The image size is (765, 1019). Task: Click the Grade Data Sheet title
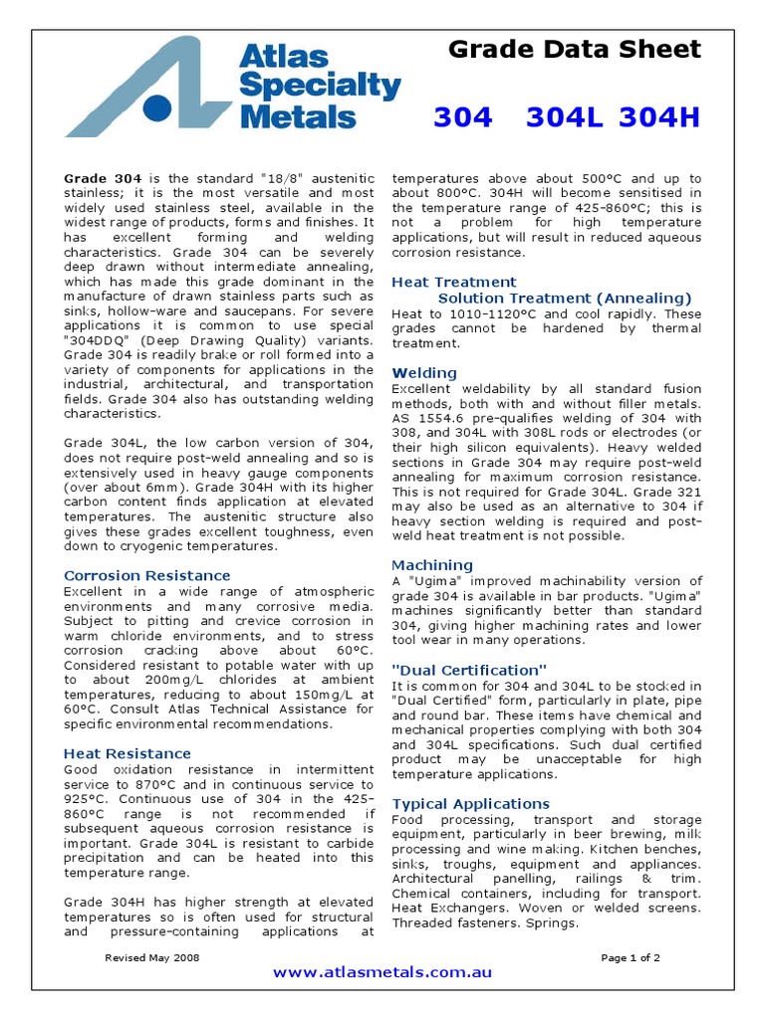coord(575,49)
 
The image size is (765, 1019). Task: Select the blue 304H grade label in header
coord(659,117)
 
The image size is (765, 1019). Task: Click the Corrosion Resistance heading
coord(146,575)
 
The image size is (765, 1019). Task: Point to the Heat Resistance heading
coord(127,753)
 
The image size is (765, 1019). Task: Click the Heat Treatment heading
coord(453,282)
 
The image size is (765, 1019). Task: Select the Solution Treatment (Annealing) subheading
coord(565,298)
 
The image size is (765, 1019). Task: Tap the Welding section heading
coord(424,372)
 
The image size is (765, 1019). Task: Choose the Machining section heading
coord(432,564)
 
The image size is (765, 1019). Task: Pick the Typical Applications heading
coord(470,803)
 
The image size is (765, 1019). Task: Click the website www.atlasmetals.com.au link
coord(382,972)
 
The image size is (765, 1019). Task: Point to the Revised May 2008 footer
coord(152,957)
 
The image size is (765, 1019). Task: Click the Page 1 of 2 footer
coord(631,957)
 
